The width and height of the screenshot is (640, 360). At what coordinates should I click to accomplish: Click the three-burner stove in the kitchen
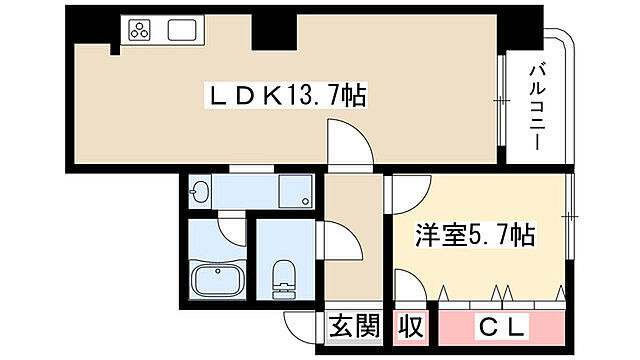(x=138, y=31)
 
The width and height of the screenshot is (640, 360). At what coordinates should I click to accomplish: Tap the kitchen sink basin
(x=181, y=31)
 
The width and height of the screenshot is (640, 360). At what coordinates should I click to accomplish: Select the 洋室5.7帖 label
(x=474, y=237)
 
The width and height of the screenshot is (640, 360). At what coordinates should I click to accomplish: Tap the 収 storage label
(x=411, y=326)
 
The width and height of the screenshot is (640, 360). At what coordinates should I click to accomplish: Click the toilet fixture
(x=283, y=275)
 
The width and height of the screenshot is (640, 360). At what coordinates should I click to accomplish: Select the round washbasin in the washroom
(x=200, y=193)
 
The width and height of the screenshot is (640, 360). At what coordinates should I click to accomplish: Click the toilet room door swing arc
(x=335, y=241)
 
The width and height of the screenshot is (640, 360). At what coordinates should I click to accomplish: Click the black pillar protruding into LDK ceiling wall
(x=271, y=32)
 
